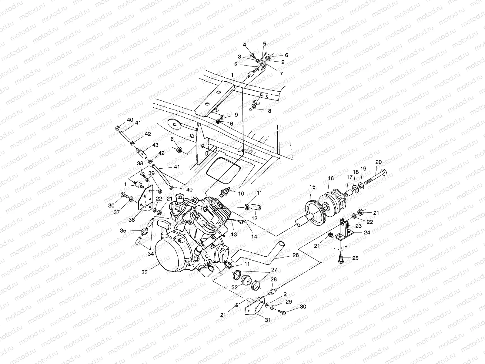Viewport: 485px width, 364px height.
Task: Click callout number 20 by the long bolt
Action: tap(379, 162)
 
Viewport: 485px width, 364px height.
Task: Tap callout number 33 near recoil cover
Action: tap(144, 272)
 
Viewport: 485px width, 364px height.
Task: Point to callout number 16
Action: tap(331, 178)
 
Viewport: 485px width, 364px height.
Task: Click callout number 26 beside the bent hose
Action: tap(296, 255)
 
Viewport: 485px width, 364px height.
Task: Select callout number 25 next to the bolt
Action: tap(355, 258)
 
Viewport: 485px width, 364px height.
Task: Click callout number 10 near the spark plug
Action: tap(241, 194)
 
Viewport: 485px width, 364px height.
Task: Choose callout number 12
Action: tap(255, 218)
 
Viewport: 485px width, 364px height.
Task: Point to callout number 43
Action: tap(155, 145)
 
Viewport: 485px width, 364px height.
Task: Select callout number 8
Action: tap(269, 111)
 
